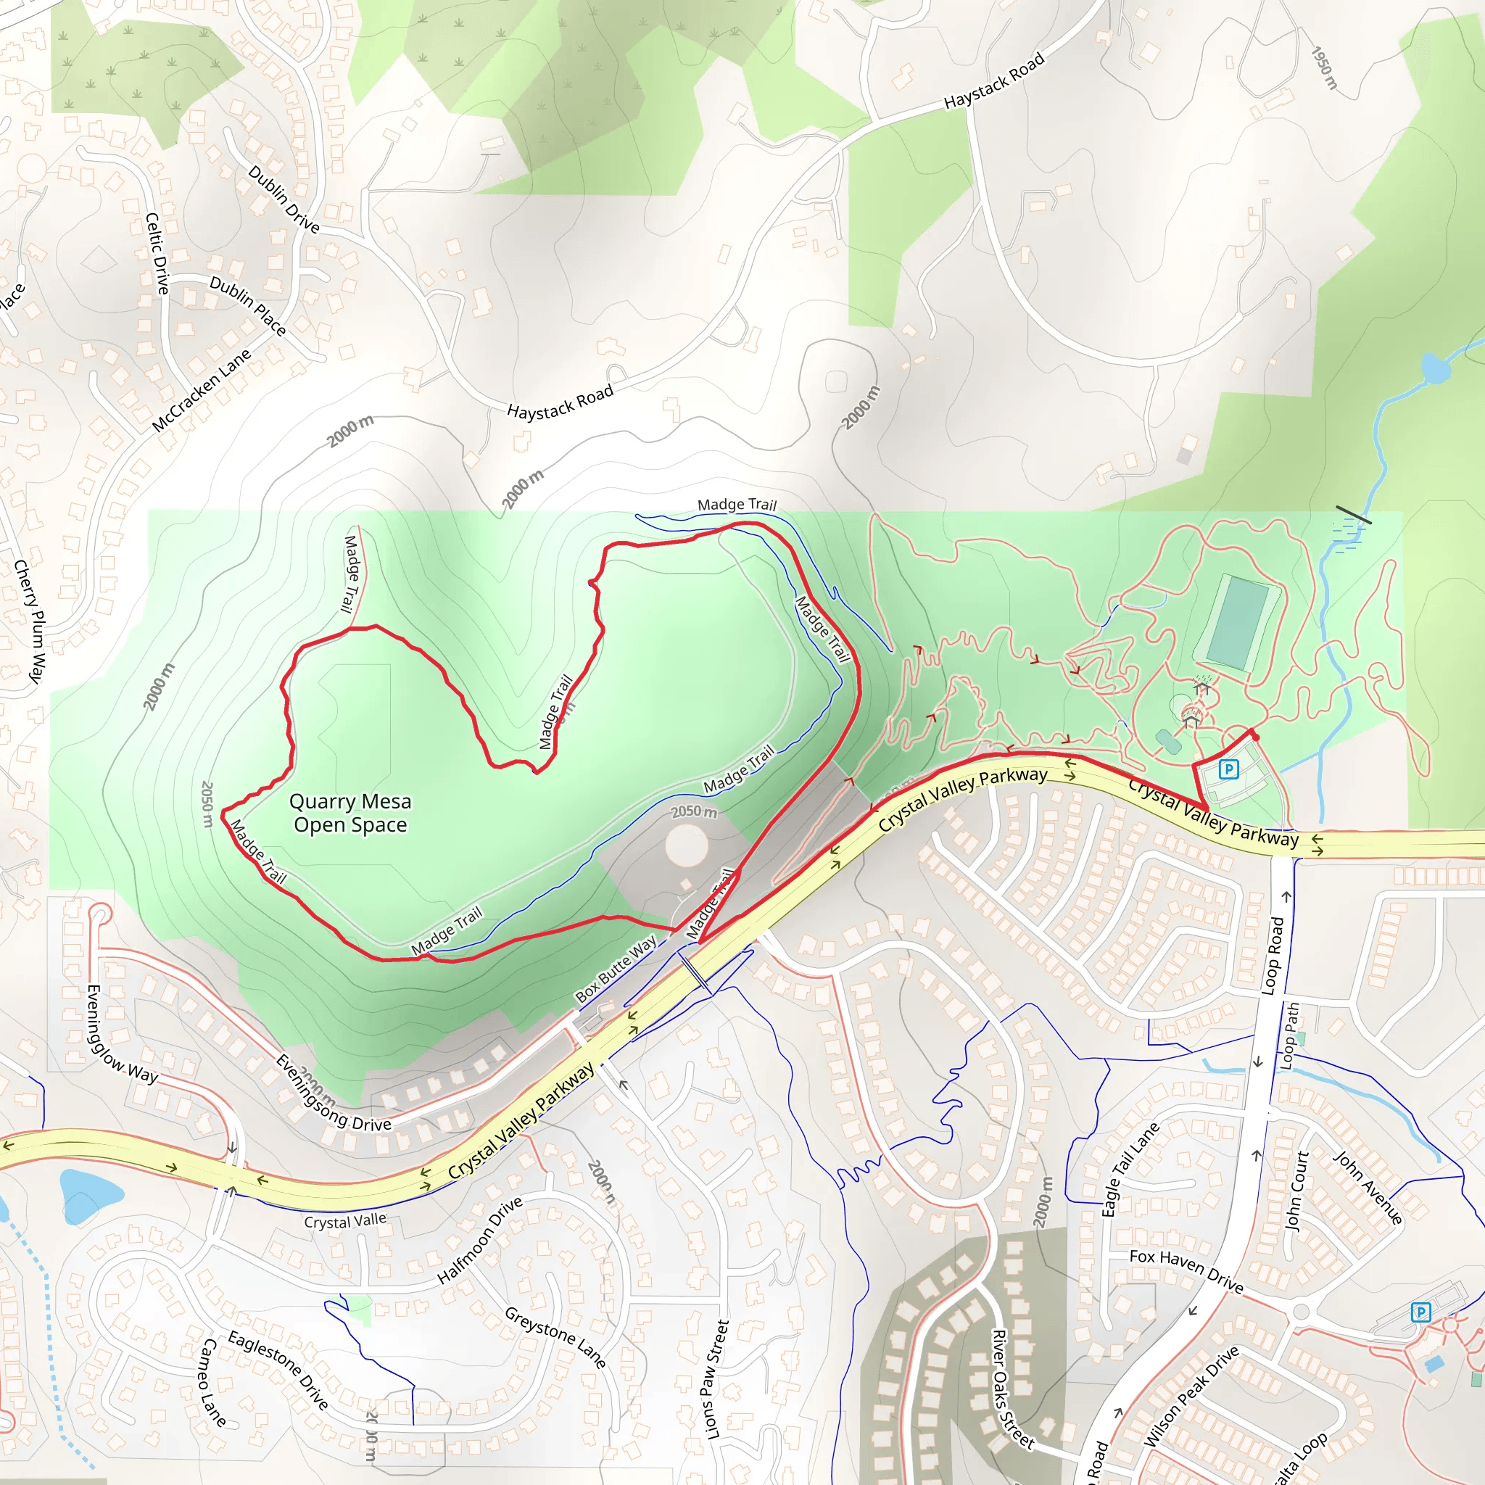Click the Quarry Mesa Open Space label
click(349, 814)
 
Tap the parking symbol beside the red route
click(1228, 769)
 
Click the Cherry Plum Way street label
click(30, 621)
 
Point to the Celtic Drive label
click(157, 254)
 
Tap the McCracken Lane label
click(202, 391)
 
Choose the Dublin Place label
click(247, 306)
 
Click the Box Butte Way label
click(616, 969)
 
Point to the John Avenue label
click(1368, 1188)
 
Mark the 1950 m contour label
click(1324, 68)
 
